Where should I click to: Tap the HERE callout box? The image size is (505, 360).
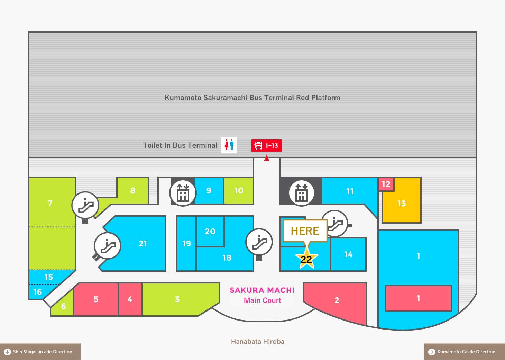tap(305, 231)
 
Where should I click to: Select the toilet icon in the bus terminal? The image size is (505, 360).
tap(229, 145)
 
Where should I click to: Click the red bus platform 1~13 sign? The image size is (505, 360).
tap(266, 145)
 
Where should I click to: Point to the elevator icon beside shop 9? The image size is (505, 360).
tap(183, 193)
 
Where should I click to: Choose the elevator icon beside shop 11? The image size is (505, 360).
tap(301, 193)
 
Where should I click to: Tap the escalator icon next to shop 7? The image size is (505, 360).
tap(85, 205)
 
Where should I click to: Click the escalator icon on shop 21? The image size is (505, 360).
tap(108, 246)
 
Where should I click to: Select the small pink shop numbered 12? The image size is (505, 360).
tap(386, 184)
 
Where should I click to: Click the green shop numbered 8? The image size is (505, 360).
tap(132, 191)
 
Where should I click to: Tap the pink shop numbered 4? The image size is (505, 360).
tap(130, 299)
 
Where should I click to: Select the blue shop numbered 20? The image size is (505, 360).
tap(210, 232)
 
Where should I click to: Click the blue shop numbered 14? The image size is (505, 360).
tap(348, 254)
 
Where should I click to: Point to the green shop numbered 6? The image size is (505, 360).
tap(63, 306)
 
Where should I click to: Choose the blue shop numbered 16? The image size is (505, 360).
tap(37, 292)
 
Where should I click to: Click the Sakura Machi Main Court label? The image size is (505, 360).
tap(262, 295)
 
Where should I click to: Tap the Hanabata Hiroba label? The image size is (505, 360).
tap(257, 342)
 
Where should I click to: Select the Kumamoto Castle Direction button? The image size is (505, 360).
tap(465, 352)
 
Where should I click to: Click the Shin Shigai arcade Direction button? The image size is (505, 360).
tap(40, 352)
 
